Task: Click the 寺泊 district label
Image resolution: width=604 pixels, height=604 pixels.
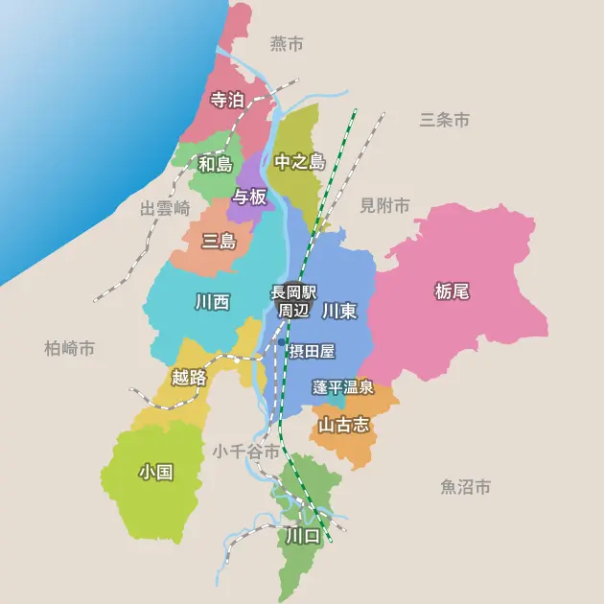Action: tap(226, 100)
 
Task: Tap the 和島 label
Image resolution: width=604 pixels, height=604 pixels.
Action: tap(215, 164)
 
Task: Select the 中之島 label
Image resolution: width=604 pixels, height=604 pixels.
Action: tap(299, 162)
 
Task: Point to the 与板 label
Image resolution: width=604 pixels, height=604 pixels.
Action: tap(249, 197)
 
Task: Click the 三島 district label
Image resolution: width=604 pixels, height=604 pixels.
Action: tap(219, 241)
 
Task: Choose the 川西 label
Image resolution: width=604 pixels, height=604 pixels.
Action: tap(212, 302)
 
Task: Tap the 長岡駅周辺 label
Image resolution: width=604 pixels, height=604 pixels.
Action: tap(293, 301)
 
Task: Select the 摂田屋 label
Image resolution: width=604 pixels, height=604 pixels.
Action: tap(312, 352)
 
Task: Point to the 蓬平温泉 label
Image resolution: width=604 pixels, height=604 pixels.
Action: tap(342, 387)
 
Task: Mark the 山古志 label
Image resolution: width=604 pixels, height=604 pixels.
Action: tap(343, 424)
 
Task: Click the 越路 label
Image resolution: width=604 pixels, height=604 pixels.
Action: tap(189, 378)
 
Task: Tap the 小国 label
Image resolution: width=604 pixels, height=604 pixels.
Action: tap(155, 472)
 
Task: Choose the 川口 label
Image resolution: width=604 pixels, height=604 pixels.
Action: tap(302, 536)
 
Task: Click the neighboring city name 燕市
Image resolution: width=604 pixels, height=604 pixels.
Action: tap(287, 44)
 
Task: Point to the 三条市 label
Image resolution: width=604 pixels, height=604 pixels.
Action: tap(445, 120)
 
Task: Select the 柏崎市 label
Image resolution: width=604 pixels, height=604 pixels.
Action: tap(70, 349)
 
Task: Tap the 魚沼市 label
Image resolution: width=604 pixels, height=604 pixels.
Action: tap(466, 487)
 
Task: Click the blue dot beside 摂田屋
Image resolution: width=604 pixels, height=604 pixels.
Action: tap(280, 342)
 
